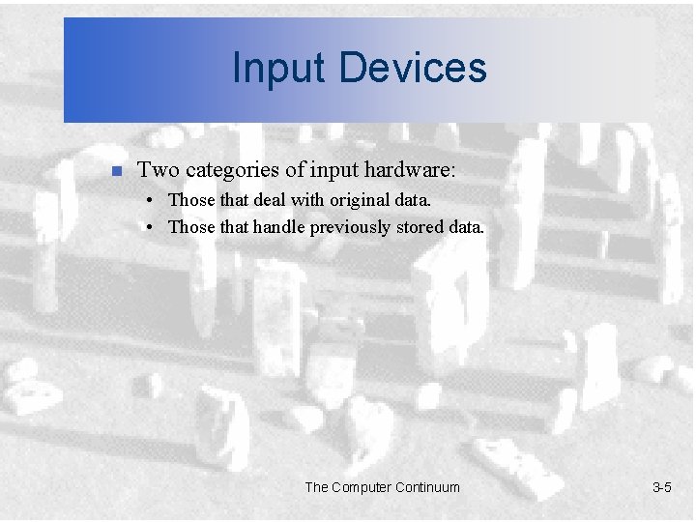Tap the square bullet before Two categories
tap(114, 172)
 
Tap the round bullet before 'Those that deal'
tap(154, 201)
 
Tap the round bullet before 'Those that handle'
tap(154, 228)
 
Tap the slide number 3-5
tap(661, 487)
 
